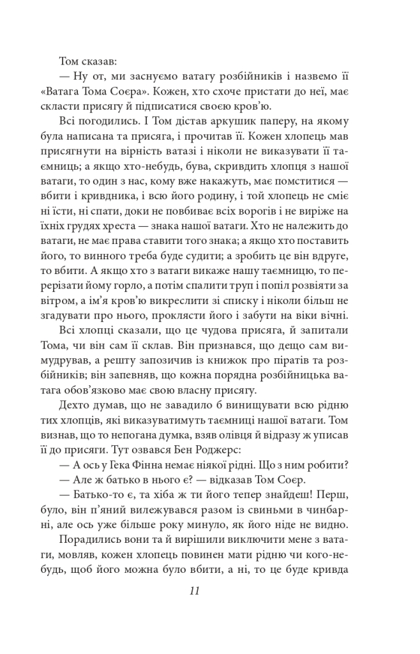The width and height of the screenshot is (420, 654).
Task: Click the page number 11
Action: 195,591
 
